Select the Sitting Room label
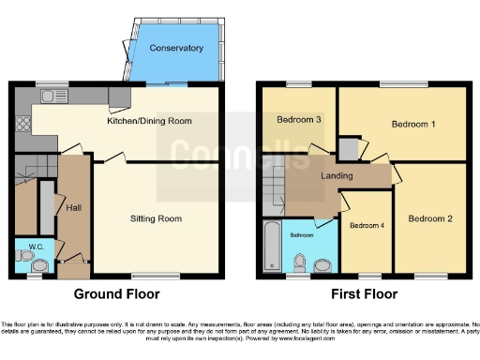point(156,218)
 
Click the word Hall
point(72,207)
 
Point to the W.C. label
point(26,247)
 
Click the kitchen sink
point(48,95)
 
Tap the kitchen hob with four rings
point(21,124)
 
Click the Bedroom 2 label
point(429,218)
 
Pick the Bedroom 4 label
point(366,225)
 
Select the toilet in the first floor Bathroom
point(299,262)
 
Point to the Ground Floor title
point(115,293)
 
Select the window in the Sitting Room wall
point(156,277)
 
